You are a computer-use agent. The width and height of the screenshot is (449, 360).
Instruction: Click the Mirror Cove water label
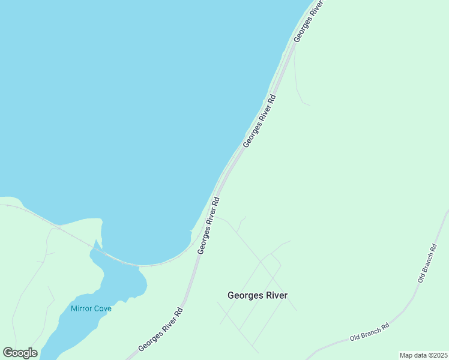pyautogui.click(x=91, y=308)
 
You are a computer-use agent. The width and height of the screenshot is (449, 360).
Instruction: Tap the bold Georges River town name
pyautogui.click(x=258, y=295)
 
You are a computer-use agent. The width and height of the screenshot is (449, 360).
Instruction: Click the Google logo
pyautogui.click(x=20, y=352)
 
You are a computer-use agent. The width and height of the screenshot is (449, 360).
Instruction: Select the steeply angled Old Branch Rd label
pyautogui.click(x=427, y=263)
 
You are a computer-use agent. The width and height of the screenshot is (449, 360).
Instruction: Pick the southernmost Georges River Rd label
pyautogui.click(x=160, y=329)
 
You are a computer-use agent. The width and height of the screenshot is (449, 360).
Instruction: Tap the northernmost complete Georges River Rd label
pyautogui.click(x=259, y=121)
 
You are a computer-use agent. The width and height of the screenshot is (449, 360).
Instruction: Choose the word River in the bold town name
pyautogui.click(x=277, y=295)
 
